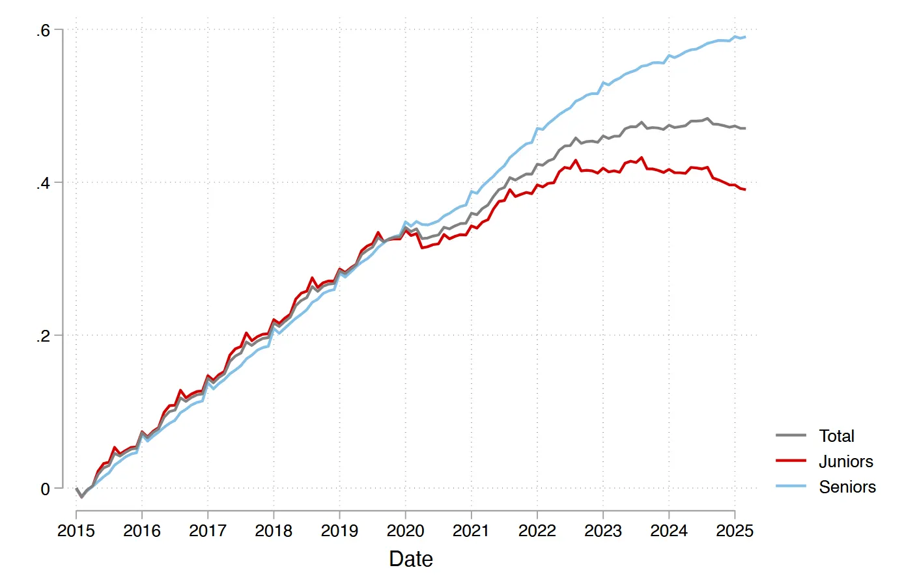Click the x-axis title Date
(411, 559)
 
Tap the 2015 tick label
(76, 531)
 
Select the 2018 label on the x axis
(274, 531)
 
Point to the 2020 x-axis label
(405, 531)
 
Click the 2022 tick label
(537, 531)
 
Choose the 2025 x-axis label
(735, 531)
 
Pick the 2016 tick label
(142, 531)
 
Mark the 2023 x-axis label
(603, 531)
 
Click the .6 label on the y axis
(43, 31)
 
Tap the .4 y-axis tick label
(43, 184)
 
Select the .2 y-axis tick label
(43, 336)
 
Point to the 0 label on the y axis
(45, 489)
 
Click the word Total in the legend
(836, 436)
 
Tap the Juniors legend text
(845, 461)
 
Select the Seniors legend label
(847, 487)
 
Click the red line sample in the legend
(791, 461)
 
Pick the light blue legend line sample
(791, 486)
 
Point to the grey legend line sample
(791, 435)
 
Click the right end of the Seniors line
(745, 37)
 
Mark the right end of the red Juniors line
(745, 189)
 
